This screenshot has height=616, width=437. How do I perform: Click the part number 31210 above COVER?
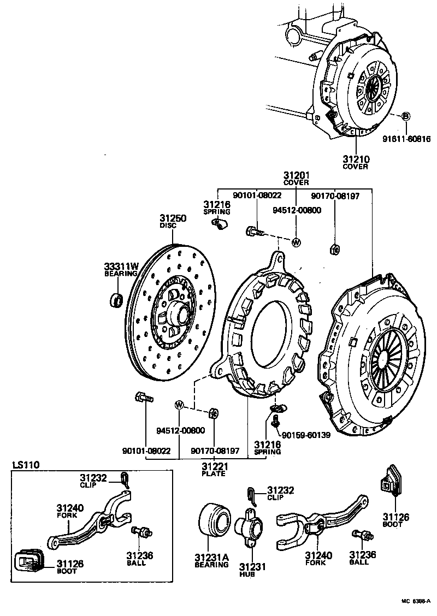coord(356,159)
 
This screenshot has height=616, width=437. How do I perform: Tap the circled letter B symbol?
coord(405,116)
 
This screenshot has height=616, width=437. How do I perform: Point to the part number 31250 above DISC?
coord(173,218)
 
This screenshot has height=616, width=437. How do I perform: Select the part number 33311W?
coord(121,266)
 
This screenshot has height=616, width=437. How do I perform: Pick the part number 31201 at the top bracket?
coord(296,175)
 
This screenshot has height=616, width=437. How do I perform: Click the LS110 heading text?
coord(26,465)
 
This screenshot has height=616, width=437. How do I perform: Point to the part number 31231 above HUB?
coord(252,567)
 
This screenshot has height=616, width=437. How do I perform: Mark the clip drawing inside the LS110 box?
coord(125,479)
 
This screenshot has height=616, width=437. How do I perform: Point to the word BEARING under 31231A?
coord(211,565)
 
